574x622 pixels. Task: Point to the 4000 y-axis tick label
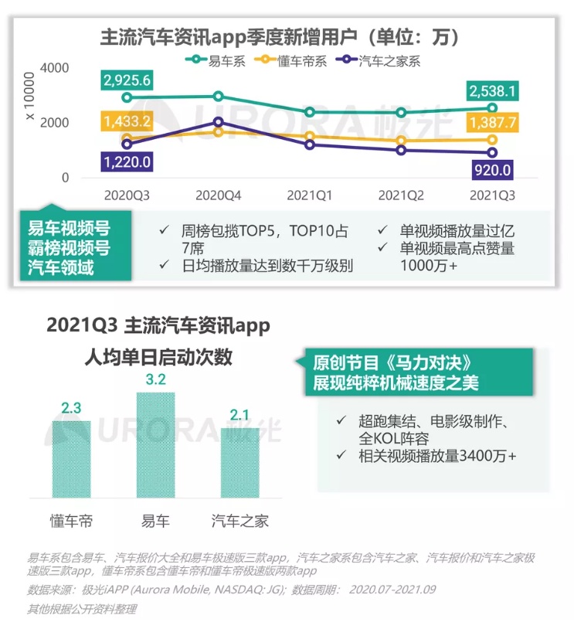pos(56,68)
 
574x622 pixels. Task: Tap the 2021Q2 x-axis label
pos(400,195)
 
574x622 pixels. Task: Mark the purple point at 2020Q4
pos(219,122)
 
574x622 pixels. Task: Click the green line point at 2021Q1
pos(310,112)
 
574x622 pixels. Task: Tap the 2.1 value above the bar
pos(239,416)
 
